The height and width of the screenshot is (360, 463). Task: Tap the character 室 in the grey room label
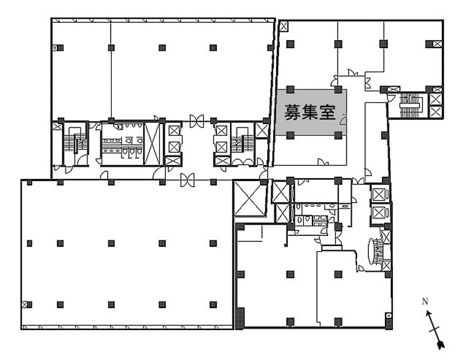coord(328,112)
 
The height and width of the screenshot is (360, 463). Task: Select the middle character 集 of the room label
coord(310,112)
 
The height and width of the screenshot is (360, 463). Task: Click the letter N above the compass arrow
coord(425,302)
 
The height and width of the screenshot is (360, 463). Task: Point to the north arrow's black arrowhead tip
coord(442,347)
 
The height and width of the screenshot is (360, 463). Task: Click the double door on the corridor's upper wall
coord(196,121)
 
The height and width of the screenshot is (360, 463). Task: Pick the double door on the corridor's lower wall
coord(187,180)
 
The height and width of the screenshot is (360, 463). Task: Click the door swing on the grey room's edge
coord(344,119)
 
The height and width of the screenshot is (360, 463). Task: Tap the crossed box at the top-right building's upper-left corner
coord(283,26)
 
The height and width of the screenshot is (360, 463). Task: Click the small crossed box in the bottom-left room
coord(24,304)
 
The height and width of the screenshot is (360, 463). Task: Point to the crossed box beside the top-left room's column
coord(55,48)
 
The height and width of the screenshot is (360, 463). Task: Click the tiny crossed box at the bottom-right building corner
coord(389,316)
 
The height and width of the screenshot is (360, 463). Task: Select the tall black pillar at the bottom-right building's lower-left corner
coord(240,318)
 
